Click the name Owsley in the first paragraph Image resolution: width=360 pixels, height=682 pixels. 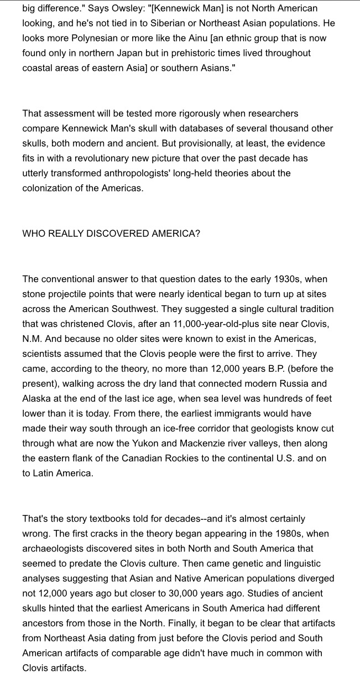[x=129, y=9]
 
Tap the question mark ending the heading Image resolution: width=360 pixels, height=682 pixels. [x=197, y=233]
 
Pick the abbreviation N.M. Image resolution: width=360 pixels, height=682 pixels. [x=33, y=339]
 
